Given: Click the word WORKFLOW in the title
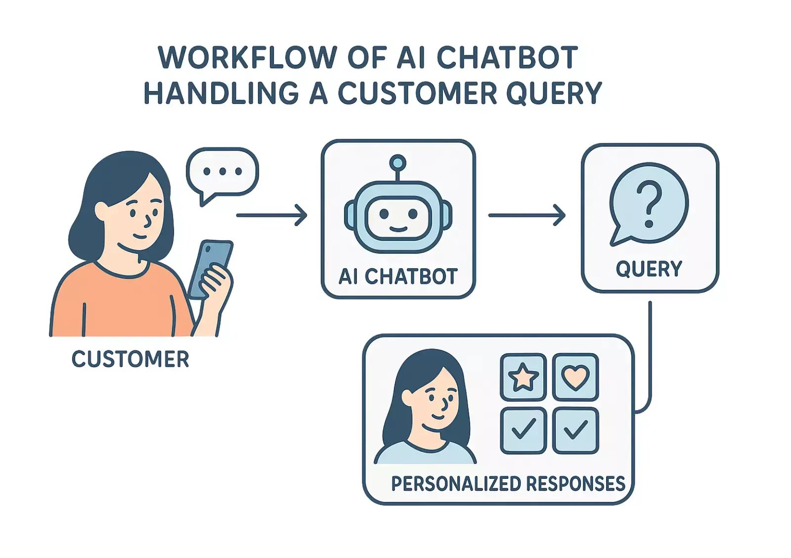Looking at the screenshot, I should tap(247, 57).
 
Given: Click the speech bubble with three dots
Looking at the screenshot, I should tap(222, 172).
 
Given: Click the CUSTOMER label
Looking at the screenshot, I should tap(131, 359).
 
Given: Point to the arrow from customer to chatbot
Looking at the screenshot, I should tap(272, 215).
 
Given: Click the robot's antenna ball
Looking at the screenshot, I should tap(397, 162).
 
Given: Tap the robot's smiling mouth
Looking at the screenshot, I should tap(398, 229).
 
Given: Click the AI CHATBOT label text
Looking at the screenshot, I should tap(398, 277).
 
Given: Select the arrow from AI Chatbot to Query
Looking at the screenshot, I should tap(527, 215).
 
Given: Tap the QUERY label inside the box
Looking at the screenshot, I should tap(649, 269).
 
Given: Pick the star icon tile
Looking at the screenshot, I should tap(523, 377).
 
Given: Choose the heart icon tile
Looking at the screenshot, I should tap(575, 377).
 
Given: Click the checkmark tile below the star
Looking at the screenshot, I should tap(523, 430).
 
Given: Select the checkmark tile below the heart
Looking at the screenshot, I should tap(575, 430).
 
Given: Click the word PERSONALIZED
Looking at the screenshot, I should tap(456, 483).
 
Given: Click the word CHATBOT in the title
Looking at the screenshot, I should tap(507, 57).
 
